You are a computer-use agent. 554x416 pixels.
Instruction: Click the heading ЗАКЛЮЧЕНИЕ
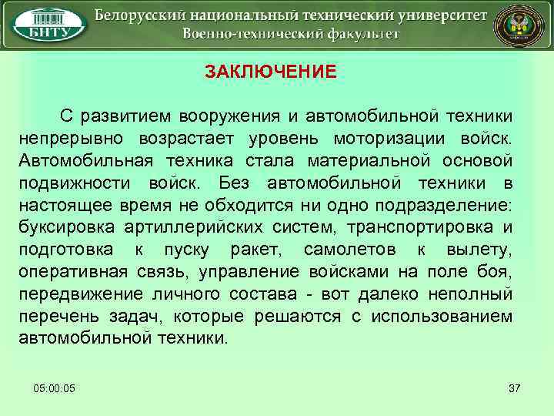270,72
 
